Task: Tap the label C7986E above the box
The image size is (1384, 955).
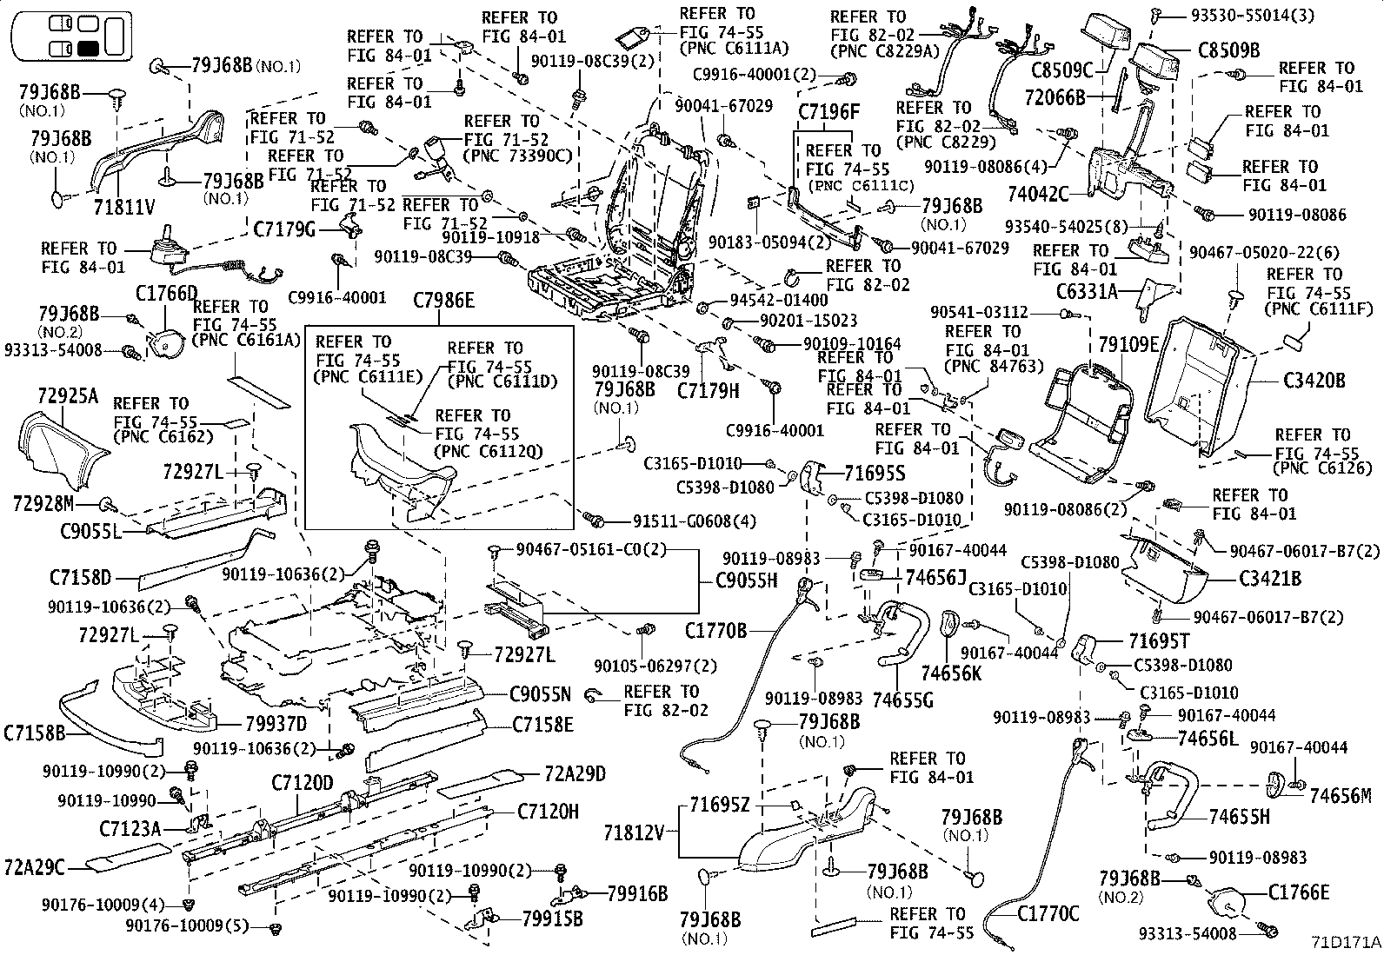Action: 443,302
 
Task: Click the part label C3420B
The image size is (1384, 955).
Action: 1314,380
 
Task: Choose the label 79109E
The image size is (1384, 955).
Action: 1128,345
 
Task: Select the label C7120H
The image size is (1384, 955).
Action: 548,812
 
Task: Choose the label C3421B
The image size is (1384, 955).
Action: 1270,578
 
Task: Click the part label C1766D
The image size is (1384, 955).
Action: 166,293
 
